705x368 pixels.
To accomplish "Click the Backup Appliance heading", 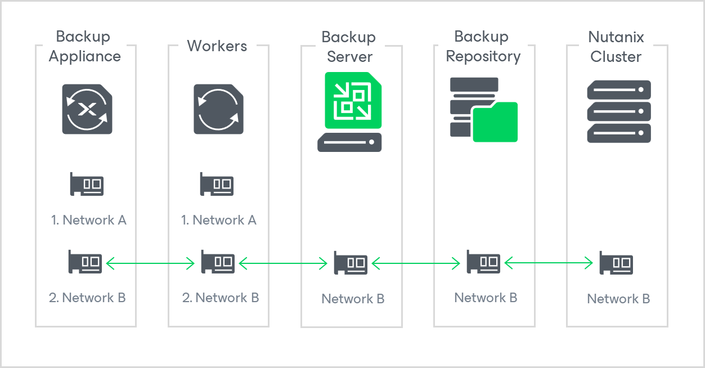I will (84, 47).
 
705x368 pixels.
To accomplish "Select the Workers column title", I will (217, 46).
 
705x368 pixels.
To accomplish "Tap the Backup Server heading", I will (349, 47).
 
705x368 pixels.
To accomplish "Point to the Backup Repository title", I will (483, 47).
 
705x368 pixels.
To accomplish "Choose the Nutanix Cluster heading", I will (616, 47).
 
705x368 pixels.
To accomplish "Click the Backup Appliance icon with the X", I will (87, 109).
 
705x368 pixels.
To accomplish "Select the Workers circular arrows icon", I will (219, 109).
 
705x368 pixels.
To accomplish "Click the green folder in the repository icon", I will (495, 122).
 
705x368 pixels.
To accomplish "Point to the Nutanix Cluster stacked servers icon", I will (619, 111).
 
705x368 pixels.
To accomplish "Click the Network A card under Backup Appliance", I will (87, 185).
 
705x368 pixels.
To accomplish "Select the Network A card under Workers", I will (217, 185).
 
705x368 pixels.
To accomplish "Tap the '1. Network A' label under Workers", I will (219, 220).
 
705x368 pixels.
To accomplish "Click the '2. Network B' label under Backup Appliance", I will (87, 298).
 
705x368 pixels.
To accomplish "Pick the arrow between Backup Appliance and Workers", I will (151, 262).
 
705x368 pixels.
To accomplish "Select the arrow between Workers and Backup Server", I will (283, 262).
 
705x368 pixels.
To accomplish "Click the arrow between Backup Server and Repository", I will (416, 262).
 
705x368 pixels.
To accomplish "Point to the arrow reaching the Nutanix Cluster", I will (549, 262).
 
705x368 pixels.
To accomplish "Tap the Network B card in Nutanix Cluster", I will (616, 263).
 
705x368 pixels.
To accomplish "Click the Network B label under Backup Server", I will (353, 299).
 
